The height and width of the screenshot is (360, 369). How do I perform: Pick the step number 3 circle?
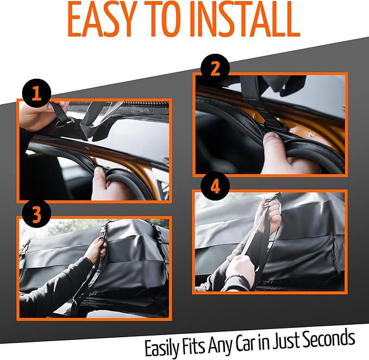point(36,214)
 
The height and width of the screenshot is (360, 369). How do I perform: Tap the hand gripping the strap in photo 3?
point(96,250)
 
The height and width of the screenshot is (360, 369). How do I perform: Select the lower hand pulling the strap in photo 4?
point(239,268)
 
